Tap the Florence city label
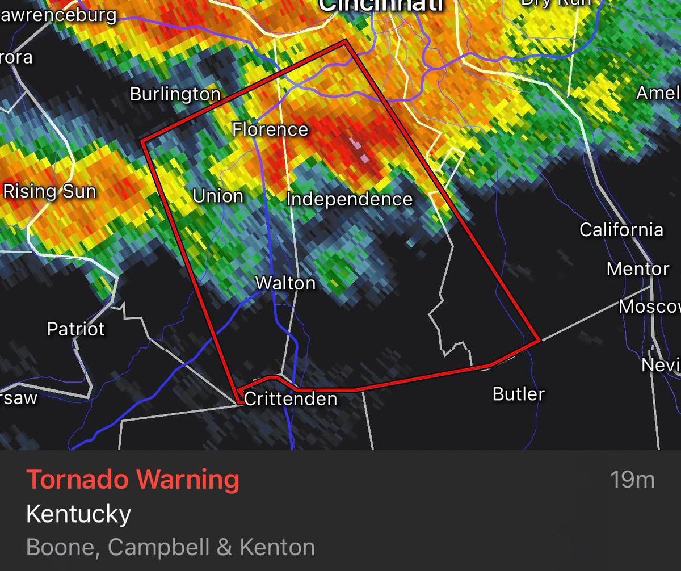(x=270, y=129)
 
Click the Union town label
(x=218, y=196)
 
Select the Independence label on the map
(x=349, y=199)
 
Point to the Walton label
(x=285, y=283)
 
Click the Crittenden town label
(x=291, y=399)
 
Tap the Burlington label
(x=175, y=94)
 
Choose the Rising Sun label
(x=50, y=191)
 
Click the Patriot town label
(x=76, y=329)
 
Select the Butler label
(x=519, y=394)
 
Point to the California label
(x=621, y=230)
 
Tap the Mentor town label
(x=638, y=268)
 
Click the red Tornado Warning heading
(x=133, y=480)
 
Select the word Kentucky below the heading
(x=78, y=514)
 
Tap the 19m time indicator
(x=632, y=480)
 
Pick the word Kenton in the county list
(x=278, y=547)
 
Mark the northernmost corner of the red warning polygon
(x=346, y=41)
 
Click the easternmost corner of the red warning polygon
(x=538, y=341)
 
